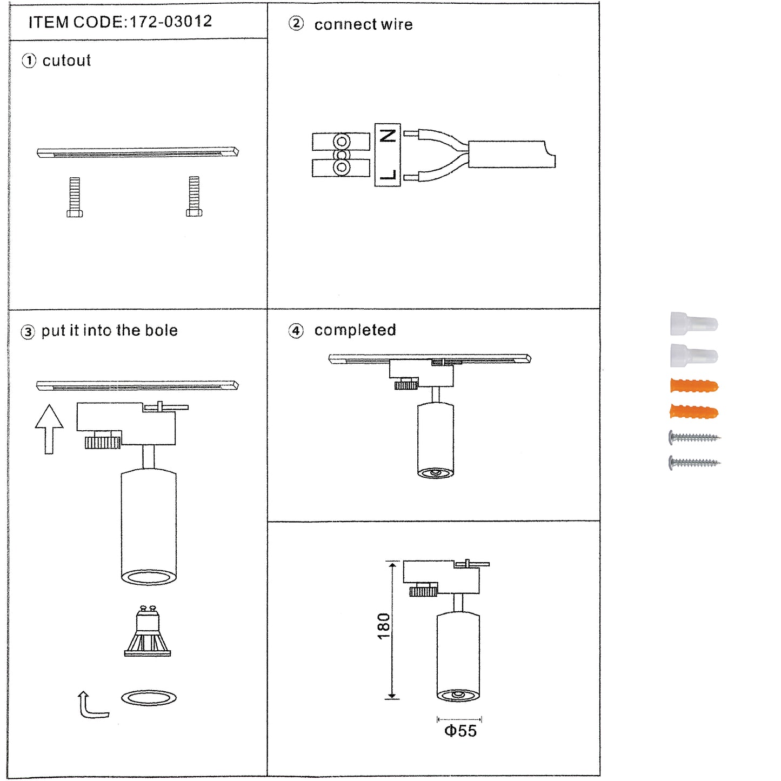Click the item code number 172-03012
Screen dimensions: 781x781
click(x=171, y=22)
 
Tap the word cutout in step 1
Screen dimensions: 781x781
click(x=66, y=61)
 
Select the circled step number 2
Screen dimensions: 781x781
click(x=296, y=23)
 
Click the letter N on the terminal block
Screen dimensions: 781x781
click(x=388, y=136)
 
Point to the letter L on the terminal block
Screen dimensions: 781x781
click(x=388, y=174)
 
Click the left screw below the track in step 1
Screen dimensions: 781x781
click(x=75, y=197)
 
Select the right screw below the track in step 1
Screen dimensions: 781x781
click(x=194, y=196)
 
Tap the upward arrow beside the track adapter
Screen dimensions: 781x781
click(x=49, y=429)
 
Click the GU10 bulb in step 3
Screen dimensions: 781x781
click(x=148, y=631)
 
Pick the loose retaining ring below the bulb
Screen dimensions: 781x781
click(x=149, y=698)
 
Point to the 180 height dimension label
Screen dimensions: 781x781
click(x=383, y=626)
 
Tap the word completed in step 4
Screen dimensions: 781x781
click(x=355, y=330)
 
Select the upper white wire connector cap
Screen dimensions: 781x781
click(x=694, y=323)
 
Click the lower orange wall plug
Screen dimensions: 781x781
click(x=694, y=412)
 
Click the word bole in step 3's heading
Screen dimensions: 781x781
click(x=161, y=330)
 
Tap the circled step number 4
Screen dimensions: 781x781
click(x=296, y=331)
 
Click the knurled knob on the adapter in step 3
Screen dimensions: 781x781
click(x=103, y=442)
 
